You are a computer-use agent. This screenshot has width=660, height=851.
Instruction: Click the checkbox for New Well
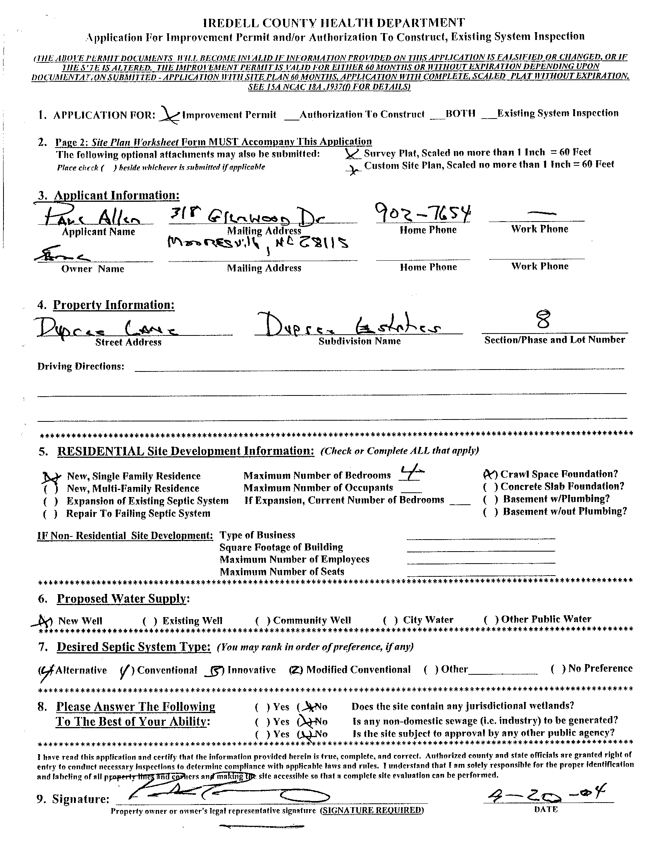(46, 621)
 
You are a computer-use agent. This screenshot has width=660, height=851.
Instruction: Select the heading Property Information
(114, 305)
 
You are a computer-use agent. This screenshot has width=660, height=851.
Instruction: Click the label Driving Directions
(81, 366)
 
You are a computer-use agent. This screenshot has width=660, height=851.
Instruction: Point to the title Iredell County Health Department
(334, 23)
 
